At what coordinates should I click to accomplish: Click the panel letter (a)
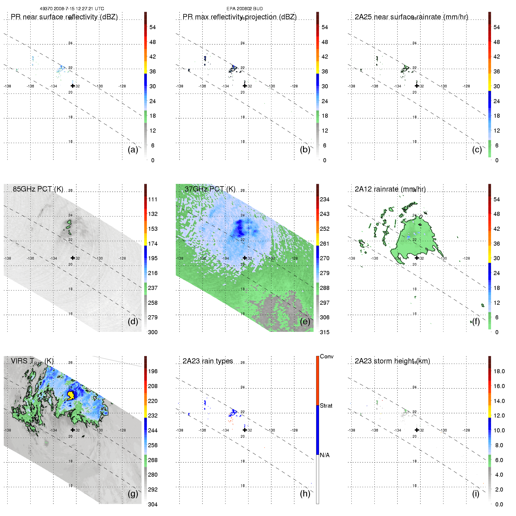[133, 150]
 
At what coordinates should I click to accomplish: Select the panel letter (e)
[305, 322]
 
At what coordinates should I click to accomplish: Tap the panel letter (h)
[305, 494]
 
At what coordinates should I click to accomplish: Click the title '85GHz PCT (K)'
[38, 189]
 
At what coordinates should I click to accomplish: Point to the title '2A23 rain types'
[208, 361]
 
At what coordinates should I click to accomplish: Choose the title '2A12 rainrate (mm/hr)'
[390, 189]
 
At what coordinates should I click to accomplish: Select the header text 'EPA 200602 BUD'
[245, 9]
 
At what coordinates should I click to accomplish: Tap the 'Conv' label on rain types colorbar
[327, 357]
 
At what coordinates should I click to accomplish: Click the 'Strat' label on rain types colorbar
[326, 406]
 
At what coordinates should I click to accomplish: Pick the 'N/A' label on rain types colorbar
[325, 455]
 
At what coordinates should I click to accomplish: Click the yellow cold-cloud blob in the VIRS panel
[71, 395]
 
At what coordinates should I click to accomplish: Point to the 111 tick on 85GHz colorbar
[153, 200]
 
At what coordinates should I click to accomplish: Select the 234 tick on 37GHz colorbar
[325, 200]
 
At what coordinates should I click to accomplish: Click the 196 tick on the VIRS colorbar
[153, 371]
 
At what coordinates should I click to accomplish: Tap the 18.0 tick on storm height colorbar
[499, 371]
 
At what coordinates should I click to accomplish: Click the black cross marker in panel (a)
[73, 86]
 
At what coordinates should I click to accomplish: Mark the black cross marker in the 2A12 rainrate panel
[417, 258]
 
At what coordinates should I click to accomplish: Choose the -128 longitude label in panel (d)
[122, 258]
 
